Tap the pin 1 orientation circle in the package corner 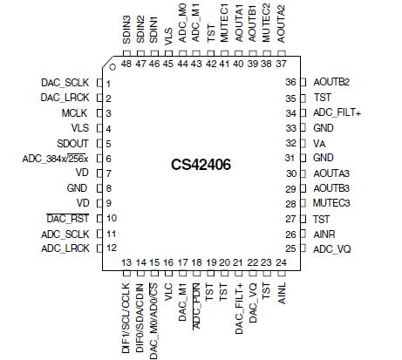point(112,66)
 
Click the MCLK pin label point(74,112)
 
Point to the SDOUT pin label point(72,143)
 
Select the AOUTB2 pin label point(332,82)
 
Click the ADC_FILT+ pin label point(337,112)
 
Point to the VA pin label point(319,143)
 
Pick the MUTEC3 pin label point(331,203)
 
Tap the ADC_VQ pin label point(330,248)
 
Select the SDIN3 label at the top point(127,31)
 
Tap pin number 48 point(127,63)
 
